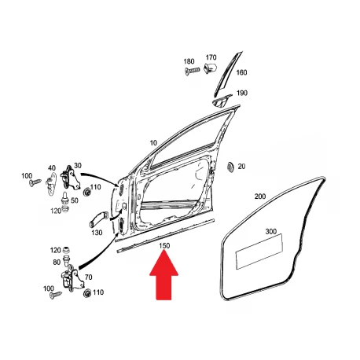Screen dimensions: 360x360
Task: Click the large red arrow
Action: [164, 277]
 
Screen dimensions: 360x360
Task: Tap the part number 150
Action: [164, 246]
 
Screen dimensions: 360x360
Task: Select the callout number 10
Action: [153, 143]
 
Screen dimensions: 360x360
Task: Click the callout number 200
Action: [260, 197]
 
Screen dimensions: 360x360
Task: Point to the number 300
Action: [271, 232]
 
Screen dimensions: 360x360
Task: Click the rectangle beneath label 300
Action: [259, 252]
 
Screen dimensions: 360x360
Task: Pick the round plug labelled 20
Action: [230, 167]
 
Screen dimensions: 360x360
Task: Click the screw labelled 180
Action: [193, 71]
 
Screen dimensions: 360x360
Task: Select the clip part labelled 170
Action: [210, 68]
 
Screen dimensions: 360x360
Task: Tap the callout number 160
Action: [241, 72]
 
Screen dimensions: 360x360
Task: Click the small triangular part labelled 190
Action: [222, 101]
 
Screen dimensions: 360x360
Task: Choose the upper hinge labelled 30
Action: [70, 178]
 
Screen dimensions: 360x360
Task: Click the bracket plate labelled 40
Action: [51, 183]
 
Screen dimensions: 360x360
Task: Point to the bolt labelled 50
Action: [64, 198]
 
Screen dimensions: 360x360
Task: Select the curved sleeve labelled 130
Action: [99, 219]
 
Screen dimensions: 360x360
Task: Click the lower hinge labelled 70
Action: [72, 281]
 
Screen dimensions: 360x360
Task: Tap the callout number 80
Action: [57, 262]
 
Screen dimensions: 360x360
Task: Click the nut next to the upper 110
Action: [86, 193]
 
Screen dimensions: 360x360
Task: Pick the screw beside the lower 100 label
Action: [56, 296]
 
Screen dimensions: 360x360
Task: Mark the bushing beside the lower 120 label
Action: [67, 250]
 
